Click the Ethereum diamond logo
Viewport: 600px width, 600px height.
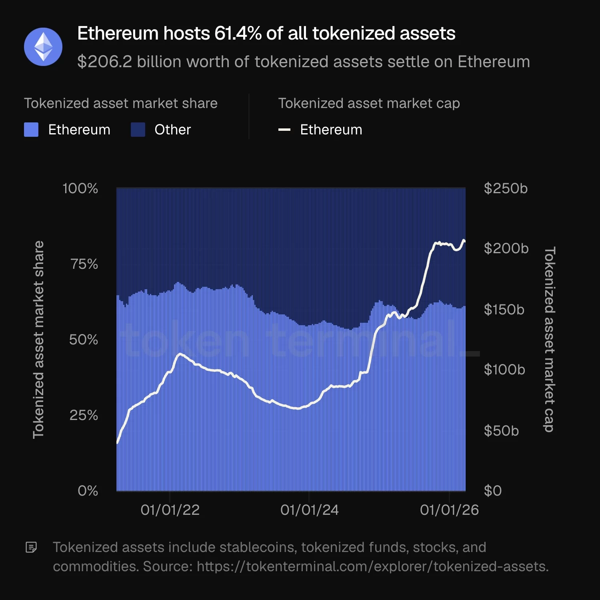[x=43, y=47]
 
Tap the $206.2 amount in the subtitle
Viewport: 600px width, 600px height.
[x=104, y=62]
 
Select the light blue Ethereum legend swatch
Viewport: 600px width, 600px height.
[x=31, y=130]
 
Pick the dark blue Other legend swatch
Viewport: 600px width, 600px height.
[x=138, y=130]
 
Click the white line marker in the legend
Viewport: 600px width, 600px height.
[x=284, y=130]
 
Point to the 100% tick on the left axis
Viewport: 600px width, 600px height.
[x=80, y=188]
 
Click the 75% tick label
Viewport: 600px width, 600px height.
[x=84, y=264]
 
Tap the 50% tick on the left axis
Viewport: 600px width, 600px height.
[x=84, y=340]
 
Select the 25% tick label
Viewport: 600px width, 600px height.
[x=84, y=415]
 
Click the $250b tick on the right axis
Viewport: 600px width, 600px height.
[x=506, y=188]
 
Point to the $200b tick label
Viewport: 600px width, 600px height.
[x=506, y=248]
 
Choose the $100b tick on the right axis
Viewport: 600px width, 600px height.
[x=504, y=370]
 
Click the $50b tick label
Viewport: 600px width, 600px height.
[x=501, y=431]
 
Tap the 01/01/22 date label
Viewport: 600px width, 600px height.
[x=170, y=510]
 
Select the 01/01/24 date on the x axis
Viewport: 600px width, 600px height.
[x=309, y=510]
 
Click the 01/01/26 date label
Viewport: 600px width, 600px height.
[x=449, y=510]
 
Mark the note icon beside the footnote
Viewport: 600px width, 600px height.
[x=31, y=547]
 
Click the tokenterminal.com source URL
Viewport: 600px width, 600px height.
[x=372, y=567]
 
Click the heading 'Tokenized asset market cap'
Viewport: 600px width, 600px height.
[x=369, y=104]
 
